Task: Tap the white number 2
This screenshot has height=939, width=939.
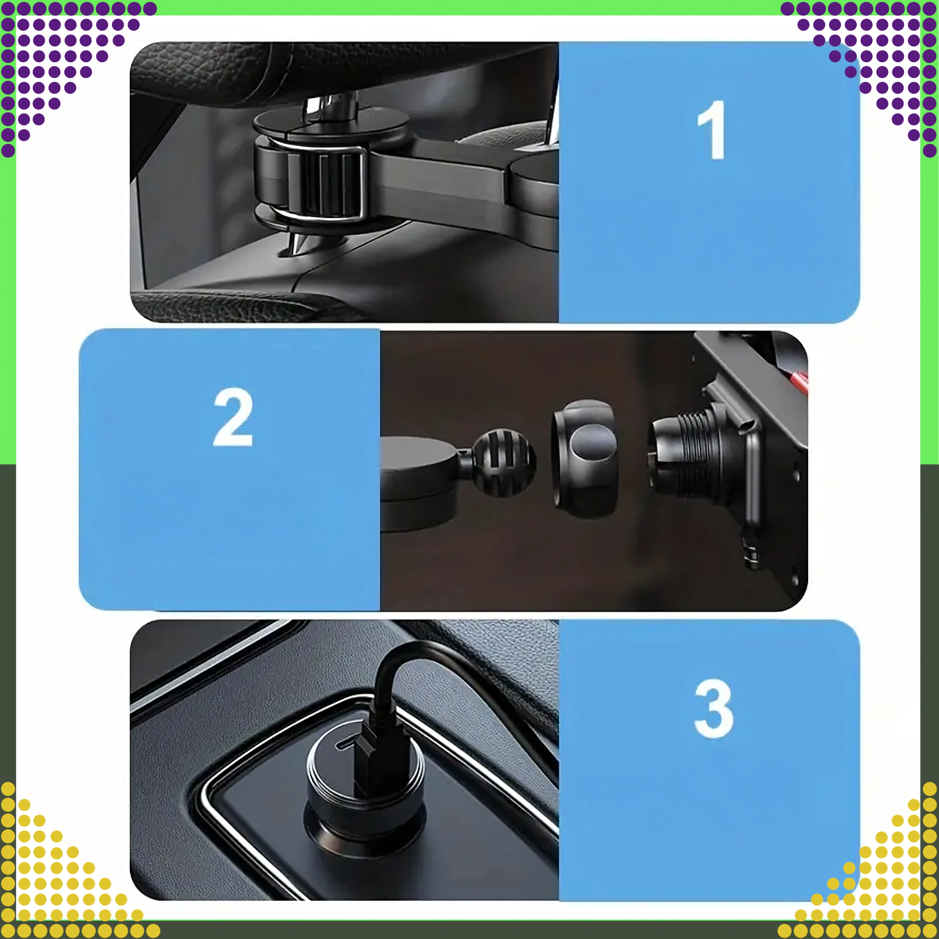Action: point(233,417)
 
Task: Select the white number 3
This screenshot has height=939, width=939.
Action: point(713,709)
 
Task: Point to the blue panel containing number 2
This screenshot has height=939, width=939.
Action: point(229,469)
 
